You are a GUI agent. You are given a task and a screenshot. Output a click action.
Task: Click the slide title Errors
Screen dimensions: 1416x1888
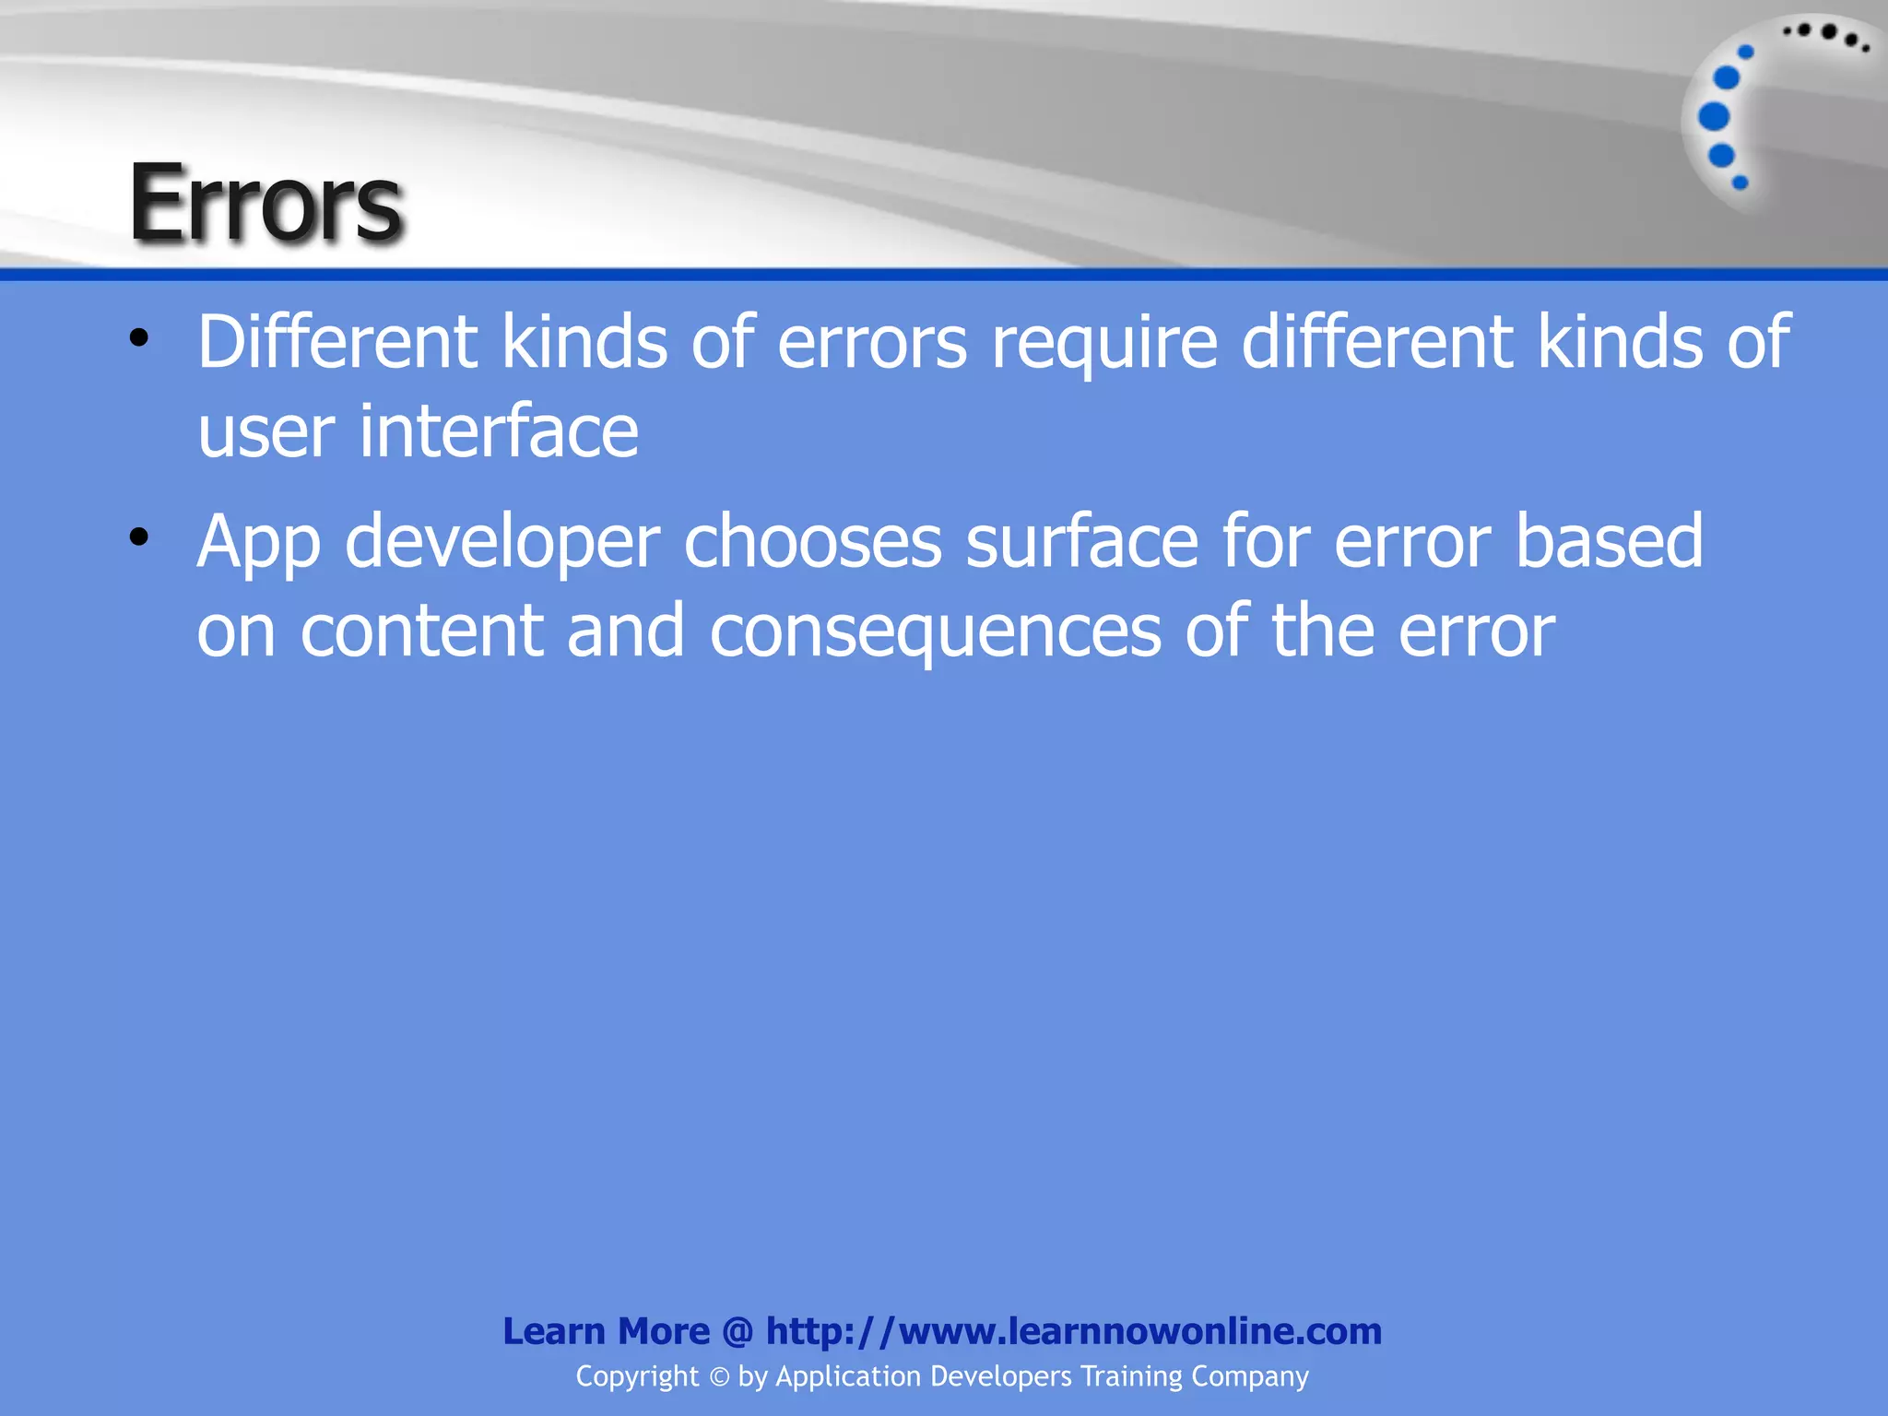[x=265, y=203]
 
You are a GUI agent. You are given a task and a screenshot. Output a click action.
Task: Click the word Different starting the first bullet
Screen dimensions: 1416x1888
[x=336, y=342]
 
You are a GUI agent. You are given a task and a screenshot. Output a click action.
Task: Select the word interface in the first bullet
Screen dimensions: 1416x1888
[x=498, y=431]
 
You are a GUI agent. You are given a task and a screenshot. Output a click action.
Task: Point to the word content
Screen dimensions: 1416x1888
[x=422, y=631]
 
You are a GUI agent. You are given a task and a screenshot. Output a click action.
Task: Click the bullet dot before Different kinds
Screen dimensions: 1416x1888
[x=138, y=337]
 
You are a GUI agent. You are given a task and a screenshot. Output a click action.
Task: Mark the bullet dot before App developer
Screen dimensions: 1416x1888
[x=138, y=537]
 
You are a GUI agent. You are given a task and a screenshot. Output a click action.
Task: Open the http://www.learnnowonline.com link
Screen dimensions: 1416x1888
[x=1073, y=1331]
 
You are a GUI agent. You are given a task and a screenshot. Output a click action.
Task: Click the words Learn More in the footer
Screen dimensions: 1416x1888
[x=606, y=1331]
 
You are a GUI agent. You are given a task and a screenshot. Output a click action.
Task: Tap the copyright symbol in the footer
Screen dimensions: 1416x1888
[x=718, y=1377]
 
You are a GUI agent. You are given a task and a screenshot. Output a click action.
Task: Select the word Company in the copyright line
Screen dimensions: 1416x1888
[x=1249, y=1376]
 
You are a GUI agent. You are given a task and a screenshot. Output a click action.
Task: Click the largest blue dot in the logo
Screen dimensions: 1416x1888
[x=1714, y=117]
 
